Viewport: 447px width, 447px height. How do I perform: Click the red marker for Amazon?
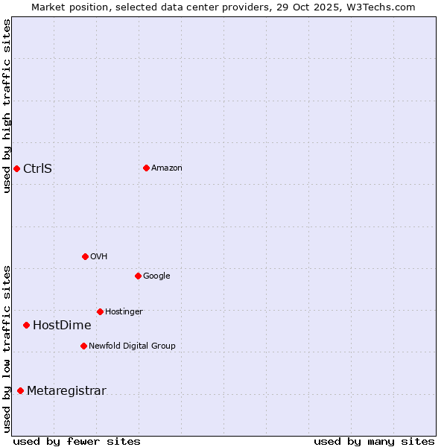point(146,168)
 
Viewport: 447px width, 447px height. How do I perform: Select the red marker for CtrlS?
point(16,168)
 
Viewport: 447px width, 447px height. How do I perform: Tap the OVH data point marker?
point(85,256)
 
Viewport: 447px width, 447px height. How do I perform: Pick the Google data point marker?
point(138,276)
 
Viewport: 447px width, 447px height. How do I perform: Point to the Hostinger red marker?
point(100,311)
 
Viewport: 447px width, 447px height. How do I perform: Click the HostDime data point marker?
point(26,325)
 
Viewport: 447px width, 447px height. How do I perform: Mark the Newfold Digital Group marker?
point(83,346)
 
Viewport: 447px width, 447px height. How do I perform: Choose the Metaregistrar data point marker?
point(20,390)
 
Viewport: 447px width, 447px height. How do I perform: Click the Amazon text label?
point(167,168)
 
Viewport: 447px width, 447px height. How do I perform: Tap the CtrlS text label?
point(37,168)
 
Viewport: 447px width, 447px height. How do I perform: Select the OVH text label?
point(99,256)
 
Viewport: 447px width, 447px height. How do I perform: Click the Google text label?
point(156,276)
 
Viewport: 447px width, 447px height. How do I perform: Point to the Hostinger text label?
point(124,311)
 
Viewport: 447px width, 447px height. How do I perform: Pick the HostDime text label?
point(62,325)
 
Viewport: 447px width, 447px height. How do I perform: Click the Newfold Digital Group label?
point(132,346)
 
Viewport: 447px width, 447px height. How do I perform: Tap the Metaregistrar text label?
point(66,390)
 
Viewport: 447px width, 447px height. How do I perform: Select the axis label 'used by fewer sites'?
point(77,441)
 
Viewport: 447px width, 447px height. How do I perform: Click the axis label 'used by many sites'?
point(374,441)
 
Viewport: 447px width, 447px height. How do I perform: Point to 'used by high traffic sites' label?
point(7,106)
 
